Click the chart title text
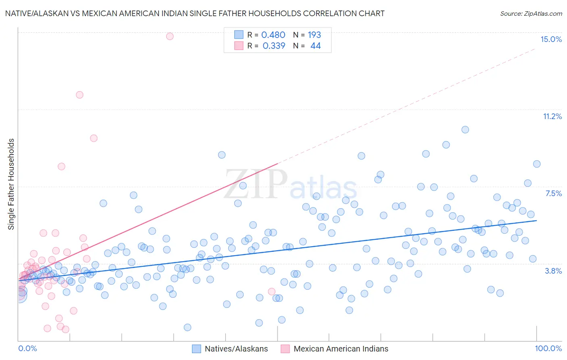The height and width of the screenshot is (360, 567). tap(195, 13)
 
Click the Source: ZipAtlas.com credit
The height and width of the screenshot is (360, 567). tap(531, 13)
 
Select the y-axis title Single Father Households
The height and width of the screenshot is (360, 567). tap(11, 184)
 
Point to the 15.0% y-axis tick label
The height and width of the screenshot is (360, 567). tap(551, 39)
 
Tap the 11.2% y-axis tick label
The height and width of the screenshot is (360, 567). tap(552, 116)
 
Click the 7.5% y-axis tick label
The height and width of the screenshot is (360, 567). tap(553, 193)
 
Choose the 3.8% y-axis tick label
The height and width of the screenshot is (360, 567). tap(553, 271)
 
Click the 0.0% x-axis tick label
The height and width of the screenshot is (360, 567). tap(27, 348)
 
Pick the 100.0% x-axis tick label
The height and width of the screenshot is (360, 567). tap(548, 348)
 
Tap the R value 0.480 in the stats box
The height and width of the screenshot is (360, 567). tap(273, 35)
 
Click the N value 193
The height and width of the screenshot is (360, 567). tap(314, 35)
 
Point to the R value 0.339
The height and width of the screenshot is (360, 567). tap(274, 46)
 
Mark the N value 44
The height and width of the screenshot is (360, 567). tap(315, 46)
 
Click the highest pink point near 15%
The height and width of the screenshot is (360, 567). tap(170, 36)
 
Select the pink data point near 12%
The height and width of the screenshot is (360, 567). tap(79, 95)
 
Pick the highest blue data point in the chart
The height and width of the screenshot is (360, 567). tap(465, 130)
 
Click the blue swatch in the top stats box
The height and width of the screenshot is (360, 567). tap(239, 35)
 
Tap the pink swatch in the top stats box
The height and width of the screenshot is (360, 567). tap(239, 46)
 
